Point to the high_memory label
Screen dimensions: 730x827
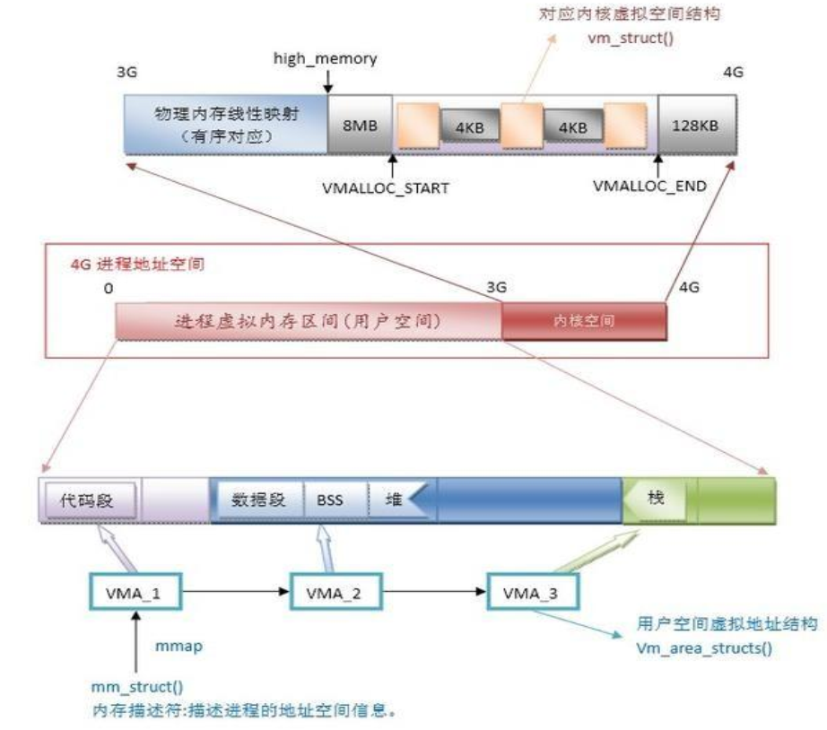coord(326,58)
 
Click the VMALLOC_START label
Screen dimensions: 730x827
coord(391,189)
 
